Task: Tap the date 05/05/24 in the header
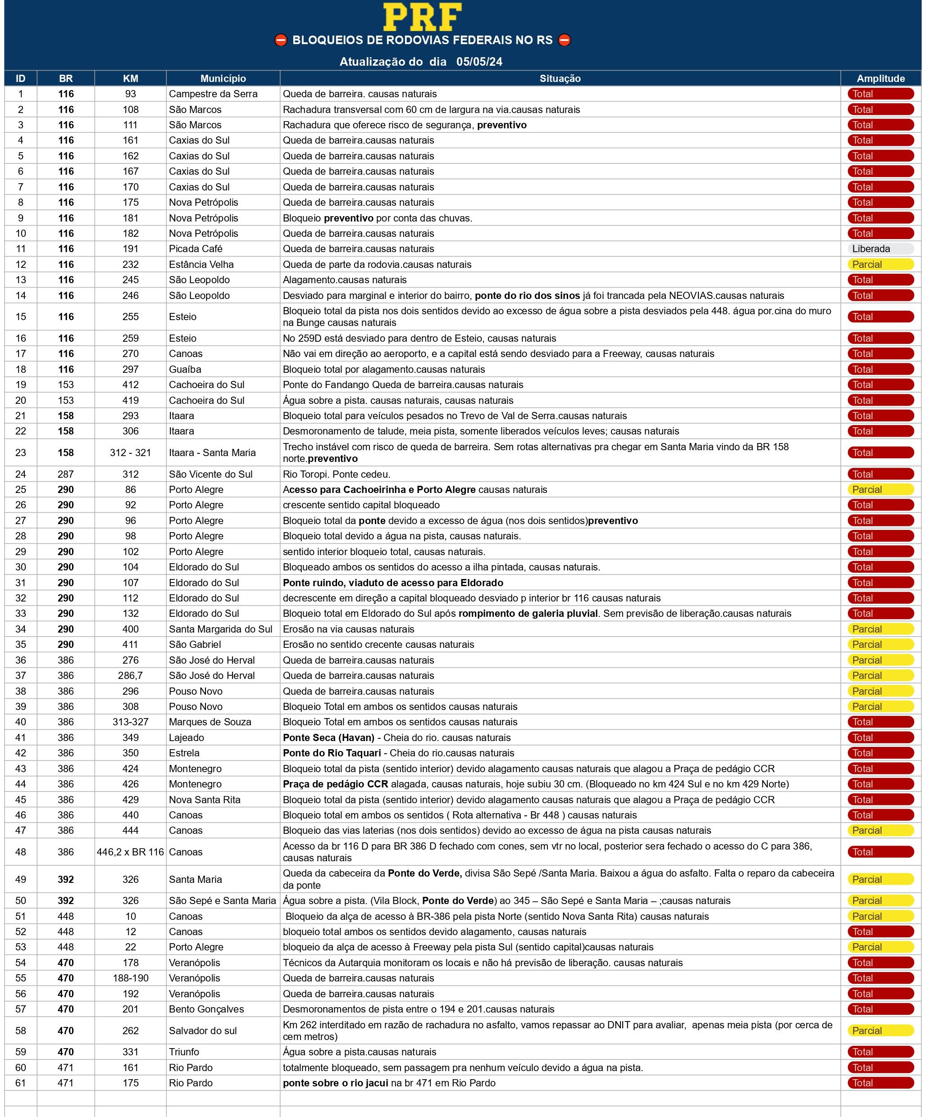(x=479, y=62)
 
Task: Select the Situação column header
(x=560, y=79)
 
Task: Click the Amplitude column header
(x=880, y=79)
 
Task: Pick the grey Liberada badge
(x=880, y=249)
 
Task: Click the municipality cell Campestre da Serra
(x=213, y=94)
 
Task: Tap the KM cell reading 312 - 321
(x=130, y=452)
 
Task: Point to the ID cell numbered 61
(x=21, y=1083)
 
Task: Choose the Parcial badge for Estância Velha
(x=880, y=264)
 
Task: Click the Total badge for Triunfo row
(x=880, y=1052)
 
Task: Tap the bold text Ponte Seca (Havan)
(x=328, y=738)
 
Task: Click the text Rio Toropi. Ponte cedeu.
(x=337, y=475)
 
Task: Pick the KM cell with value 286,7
(x=130, y=675)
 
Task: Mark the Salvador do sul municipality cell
(x=202, y=1030)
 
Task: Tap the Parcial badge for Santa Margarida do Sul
(x=880, y=629)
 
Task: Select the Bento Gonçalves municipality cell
(x=206, y=1009)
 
